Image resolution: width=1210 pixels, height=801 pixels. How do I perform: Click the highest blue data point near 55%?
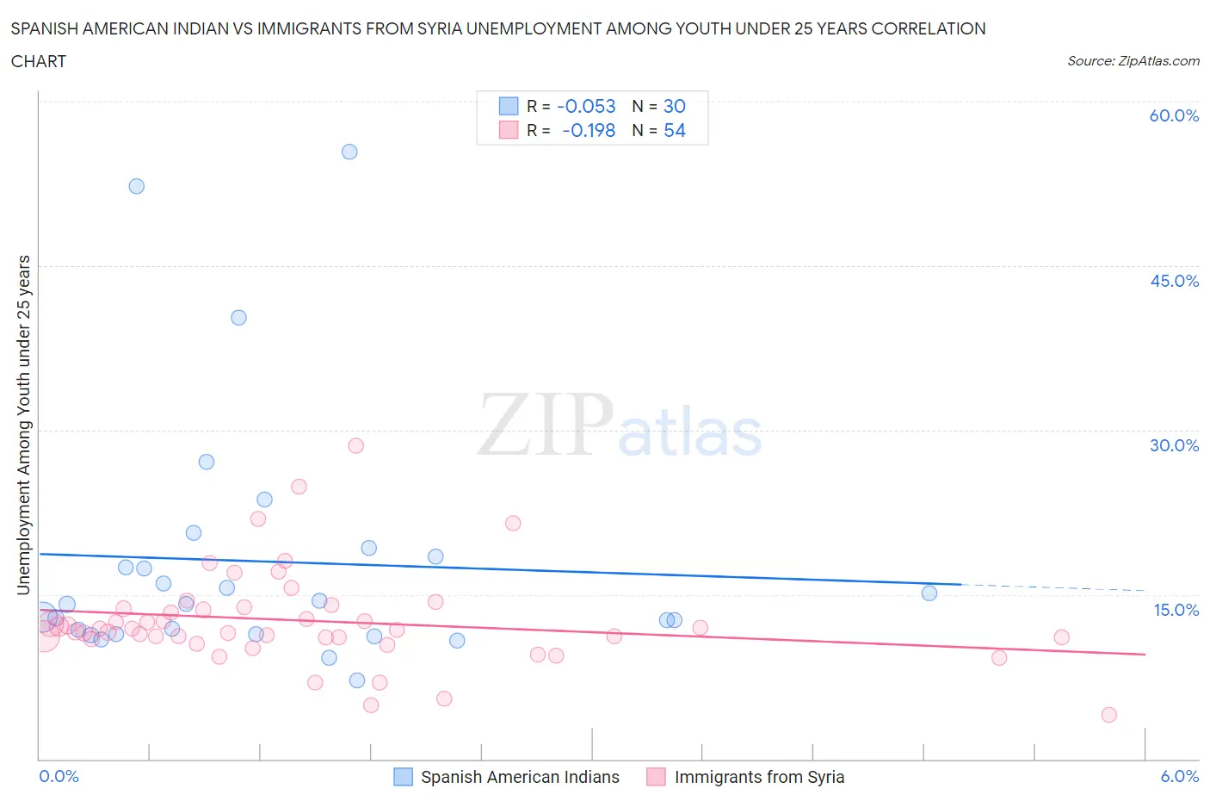pos(349,152)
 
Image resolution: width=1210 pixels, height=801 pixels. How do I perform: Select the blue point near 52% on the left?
pos(136,186)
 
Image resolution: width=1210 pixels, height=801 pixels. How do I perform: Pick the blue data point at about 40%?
pos(238,318)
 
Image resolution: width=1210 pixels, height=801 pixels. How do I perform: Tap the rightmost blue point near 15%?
pos(929,593)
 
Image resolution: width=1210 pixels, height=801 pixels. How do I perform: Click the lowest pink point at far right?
pos(1108,715)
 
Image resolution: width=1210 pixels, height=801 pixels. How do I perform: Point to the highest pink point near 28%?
pos(355,445)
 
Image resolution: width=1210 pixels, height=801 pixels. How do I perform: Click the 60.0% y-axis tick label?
pos(1174,115)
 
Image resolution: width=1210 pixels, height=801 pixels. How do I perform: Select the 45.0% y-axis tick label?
pos(1174,281)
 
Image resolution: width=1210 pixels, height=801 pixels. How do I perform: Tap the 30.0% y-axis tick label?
pos(1174,445)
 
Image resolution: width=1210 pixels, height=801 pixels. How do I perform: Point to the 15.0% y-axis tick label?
pos(1176,610)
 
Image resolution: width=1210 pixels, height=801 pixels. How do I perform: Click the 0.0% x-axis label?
pos(59,776)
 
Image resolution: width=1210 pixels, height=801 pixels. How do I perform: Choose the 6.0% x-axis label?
pos(1179,776)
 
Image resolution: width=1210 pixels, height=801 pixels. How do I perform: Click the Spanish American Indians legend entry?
pos(519,777)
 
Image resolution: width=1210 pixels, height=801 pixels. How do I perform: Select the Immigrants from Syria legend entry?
pos(758,777)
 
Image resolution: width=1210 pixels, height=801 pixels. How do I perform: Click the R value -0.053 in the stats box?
pos(586,106)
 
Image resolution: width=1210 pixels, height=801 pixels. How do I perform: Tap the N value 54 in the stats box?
pos(674,130)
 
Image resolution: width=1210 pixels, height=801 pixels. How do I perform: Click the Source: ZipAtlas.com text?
pos(1133,60)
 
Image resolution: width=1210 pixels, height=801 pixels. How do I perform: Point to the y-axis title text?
pos(23,425)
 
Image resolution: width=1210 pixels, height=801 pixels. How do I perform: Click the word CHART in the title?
pos(39,61)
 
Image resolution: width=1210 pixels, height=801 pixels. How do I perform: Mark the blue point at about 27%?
pos(207,462)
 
